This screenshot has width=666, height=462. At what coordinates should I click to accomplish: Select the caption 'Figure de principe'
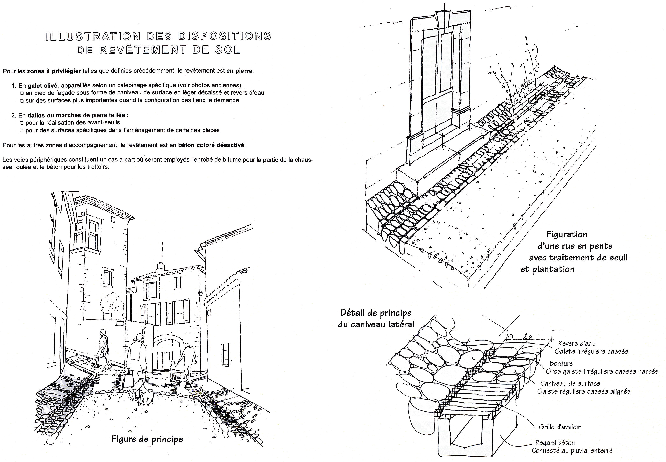(147, 439)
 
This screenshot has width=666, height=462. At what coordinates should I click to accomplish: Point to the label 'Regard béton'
(555, 443)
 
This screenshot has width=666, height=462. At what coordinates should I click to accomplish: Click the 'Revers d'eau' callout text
(576, 344)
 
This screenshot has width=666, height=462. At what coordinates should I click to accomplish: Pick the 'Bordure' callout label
(561, 363)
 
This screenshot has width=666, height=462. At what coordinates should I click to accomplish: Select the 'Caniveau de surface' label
(570, 384)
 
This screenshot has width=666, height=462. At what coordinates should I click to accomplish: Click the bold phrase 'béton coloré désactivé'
(211, 145)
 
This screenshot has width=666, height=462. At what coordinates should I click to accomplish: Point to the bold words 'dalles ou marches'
(54, 115)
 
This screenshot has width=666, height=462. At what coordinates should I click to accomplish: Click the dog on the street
(147, 397)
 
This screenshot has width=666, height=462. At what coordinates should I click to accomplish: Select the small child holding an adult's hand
(173, 370)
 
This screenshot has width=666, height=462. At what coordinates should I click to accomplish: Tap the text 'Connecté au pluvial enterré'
(572, 451)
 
